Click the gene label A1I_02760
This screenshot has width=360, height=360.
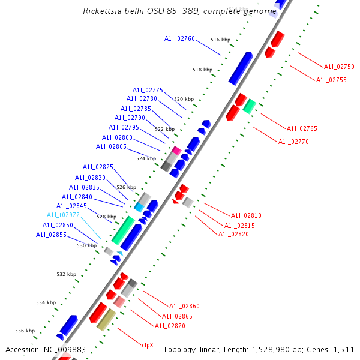click(x=179, y=38)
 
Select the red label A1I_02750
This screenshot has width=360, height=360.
click(x=339, y=67)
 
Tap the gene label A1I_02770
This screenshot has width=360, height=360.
click(x=293, y=142)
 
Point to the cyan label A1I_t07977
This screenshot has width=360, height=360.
click(x=63, y=215)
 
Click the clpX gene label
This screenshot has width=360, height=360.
click(x=148, y=345)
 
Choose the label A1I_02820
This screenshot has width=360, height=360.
click(x=233, y=234)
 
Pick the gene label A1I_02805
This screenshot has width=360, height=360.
click(x=111, y=146)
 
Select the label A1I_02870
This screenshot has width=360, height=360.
click(x=170, y=326)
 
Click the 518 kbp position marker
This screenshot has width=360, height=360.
click(x=202, y=70)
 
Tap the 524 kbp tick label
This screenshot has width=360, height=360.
click(x=146, y=158)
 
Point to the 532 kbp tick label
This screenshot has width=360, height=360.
click(x=67, y=274)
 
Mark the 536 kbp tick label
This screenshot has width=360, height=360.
click(x=25, y=331)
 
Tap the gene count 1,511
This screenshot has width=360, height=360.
click(x=344, y=349)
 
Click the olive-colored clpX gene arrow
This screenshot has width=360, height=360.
click(x=106, y=320)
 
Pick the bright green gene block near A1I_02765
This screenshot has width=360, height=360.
click(x=249, y=106)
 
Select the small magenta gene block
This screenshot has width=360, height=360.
click(x=176, y=150)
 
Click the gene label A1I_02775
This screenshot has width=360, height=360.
click(x=148, y=90)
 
